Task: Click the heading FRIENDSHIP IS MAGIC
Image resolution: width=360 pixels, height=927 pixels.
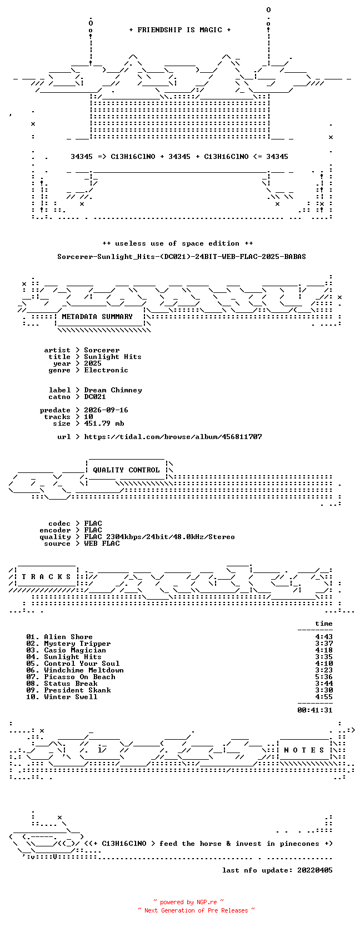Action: pyautogui.click(x=180, y=30)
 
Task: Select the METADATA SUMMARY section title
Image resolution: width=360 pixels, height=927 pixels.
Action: pyautogui.click(x=97, y=317)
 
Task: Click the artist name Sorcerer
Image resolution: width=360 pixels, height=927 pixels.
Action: pyautogui.click(x=102, y=350)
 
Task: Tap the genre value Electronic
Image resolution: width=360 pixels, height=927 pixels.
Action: pyautogui.click(x=106, y=370)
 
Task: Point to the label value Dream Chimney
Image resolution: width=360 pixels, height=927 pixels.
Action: pyautogui.click(x=113, y=390)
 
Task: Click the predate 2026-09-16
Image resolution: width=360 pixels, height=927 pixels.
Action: pyautogui.click(x=106, y=410)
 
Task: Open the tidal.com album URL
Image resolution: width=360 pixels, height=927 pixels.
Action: pyautogui.click(x=173, y=437)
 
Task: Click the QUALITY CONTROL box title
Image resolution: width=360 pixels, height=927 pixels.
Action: pyautogui.click(x=126, y=470)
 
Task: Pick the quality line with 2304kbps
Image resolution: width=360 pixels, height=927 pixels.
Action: pyautogui.click(x=159, y=537)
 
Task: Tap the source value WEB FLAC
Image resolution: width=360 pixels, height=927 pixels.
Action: pyautogui.click(x=102, y=544)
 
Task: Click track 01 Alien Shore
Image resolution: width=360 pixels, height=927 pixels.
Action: pyautogui.click(x=59, y=637)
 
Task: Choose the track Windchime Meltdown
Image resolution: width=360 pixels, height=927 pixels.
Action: pyautogui.click(x=83, y=670)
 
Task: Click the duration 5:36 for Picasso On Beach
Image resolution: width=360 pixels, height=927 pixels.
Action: pyautogui.click(x=323, y=676)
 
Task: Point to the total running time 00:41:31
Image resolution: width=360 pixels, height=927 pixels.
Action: pyautogui.click(x=314, y=710)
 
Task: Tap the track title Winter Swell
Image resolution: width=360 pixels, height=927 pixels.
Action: pyautogui.click(x=71, y=697)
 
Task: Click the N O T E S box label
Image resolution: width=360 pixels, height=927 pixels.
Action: pyautogui.click(x=304, y=750)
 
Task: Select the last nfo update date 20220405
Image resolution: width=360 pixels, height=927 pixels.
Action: pyautogui.click(x=314, y=870)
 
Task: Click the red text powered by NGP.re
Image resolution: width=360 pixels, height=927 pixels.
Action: pyautogui.click(x=188, y=902)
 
